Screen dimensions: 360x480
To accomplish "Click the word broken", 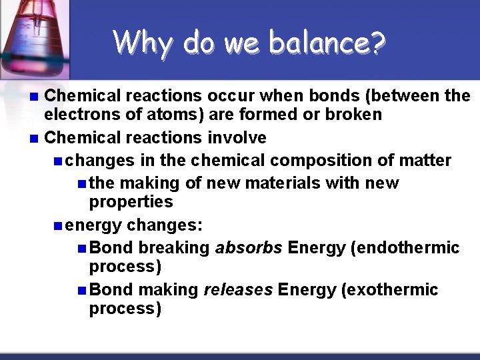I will [x=354, y=115].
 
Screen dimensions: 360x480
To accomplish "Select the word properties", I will [x=131, y=201].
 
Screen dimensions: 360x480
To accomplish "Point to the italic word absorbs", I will [x=249, y=248].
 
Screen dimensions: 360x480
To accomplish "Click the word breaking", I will [x=174, y=248].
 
